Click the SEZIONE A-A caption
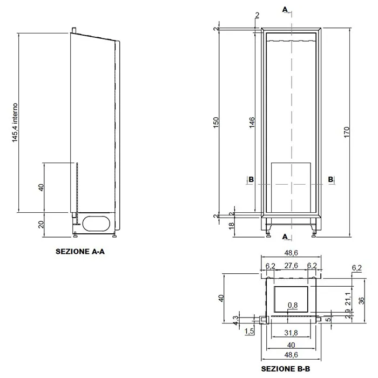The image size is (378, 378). (80, 252)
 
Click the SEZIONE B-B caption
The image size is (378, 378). (286, 369)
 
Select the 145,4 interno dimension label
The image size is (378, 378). (15, 123)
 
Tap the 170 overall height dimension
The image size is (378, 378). (347, 132)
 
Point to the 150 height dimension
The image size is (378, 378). (216, 122)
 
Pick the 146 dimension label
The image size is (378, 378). (252, 123)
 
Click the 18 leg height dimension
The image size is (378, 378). (231, 226)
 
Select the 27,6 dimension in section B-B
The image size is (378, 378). (291, 266)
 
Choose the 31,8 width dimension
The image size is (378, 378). (291, 333)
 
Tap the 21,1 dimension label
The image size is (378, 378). (348, 299)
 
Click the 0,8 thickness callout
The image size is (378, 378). (293, 306)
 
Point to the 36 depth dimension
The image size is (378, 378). (361, 301)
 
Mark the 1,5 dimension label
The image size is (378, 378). (249, 331)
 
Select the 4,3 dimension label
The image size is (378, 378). (235, 320)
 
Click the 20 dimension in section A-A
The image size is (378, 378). (41, 225)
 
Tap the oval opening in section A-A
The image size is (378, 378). (96, 224)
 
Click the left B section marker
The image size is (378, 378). (251, 179)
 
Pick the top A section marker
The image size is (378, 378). (285, 9)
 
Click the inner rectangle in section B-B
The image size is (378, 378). (291, 299)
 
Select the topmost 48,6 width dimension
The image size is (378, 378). (291, 253)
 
